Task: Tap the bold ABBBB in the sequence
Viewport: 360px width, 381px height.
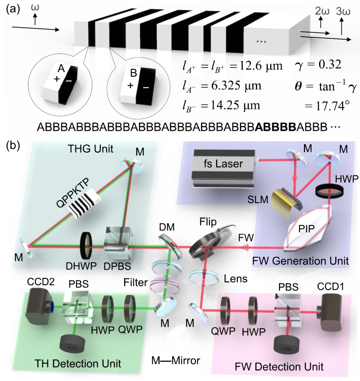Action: [x=275, y=128]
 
